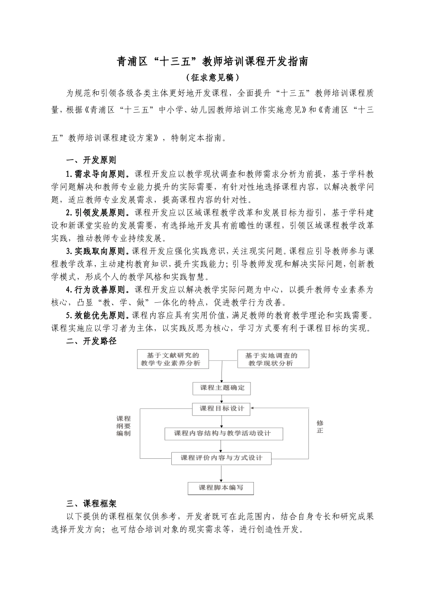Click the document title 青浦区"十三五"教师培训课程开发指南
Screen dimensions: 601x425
tap(212, 62)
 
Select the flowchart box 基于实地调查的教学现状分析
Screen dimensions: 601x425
tap(272, 359)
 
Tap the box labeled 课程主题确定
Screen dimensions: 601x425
tap(222, 388)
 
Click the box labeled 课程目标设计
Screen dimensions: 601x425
tap(222, 408)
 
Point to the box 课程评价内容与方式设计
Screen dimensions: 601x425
tap(222, 458)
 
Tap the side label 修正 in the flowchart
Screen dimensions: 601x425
tap(320, 427)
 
